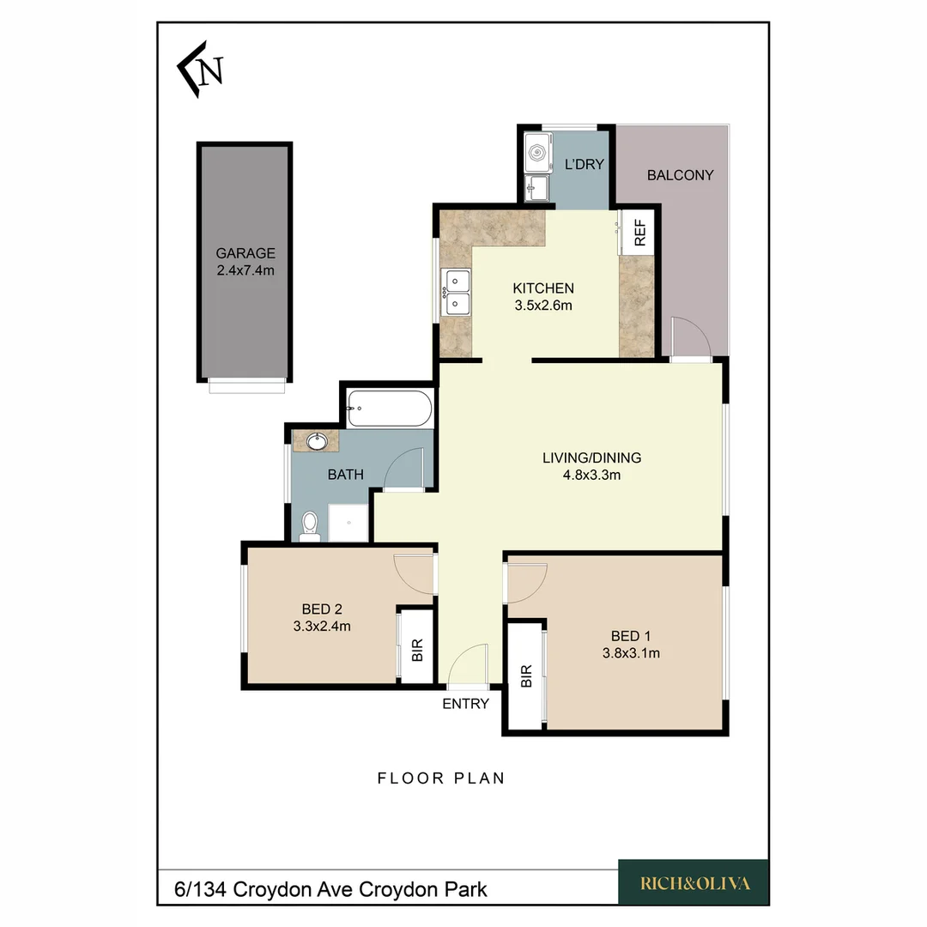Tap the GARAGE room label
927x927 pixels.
pyautogui.click(x=245, y=253)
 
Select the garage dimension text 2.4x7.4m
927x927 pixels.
pyautogui.click(x=245, y=270)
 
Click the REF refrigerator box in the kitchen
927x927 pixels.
pyautogui.click(x=639, y=232)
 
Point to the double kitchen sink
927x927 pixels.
pyautogui.click(x=456, y=292)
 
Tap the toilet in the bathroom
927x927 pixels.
pyautogui.click(x=310, y=526)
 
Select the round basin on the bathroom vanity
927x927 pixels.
pyautogui.click(x=316, y=442)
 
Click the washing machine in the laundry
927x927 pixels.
pyautogui.click(x=537, y=154)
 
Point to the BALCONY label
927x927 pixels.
pyautogui.click(x=680, y=175)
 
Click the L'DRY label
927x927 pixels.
pyautogui.click(x=584, y=165)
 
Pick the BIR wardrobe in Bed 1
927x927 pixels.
pyautogui.click(x=525, y=676)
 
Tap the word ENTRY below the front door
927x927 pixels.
pyautogui.click(x=465, y=704)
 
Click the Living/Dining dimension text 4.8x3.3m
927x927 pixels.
pyautogui.click(x=591, y=475)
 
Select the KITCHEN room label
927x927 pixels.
pyautogui.click(x=542, y=288)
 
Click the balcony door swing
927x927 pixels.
pyautogui.click(x=691, y=336)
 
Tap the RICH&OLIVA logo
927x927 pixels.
pyautogui.click(x=694, y=882)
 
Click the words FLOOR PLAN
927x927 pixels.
pyautogui.click(x=441, y=779)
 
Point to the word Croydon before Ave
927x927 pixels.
pyautogui.click(x=268, y=888)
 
